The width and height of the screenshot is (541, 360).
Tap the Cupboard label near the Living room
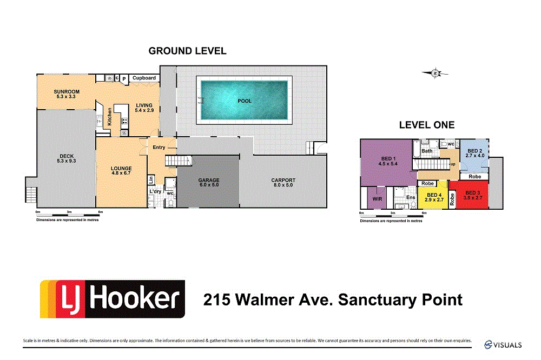click(144, 78)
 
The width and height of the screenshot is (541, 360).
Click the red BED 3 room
click(473, 196)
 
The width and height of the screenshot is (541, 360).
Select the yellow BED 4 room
click(434, 198)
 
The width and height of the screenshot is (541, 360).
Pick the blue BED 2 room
click(474, 154)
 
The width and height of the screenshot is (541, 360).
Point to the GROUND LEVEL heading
click(187, 51)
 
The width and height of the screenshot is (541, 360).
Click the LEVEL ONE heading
click(426, 125)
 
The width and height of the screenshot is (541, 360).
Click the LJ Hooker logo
click(113, 298)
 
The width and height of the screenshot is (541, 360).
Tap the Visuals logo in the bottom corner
click(503, 344)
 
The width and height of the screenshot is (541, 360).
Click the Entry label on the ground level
click(159, 148)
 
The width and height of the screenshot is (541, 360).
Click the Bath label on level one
click(427, 151)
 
